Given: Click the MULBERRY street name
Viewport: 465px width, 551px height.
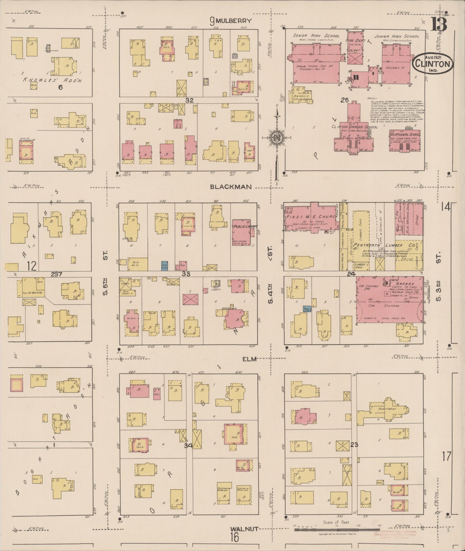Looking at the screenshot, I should pos(233,21).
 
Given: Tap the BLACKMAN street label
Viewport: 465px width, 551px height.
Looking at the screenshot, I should pos(231,187).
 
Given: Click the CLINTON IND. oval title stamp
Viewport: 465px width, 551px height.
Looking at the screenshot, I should pos(432,63).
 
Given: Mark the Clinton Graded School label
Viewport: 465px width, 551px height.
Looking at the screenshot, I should pos(354,127).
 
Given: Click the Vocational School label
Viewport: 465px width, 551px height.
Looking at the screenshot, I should pos(404,135).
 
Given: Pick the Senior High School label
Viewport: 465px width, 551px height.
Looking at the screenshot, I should pos(316,36).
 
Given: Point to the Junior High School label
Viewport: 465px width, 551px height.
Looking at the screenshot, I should pos(397,37).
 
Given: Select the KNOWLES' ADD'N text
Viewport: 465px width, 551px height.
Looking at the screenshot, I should pos(52,80).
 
